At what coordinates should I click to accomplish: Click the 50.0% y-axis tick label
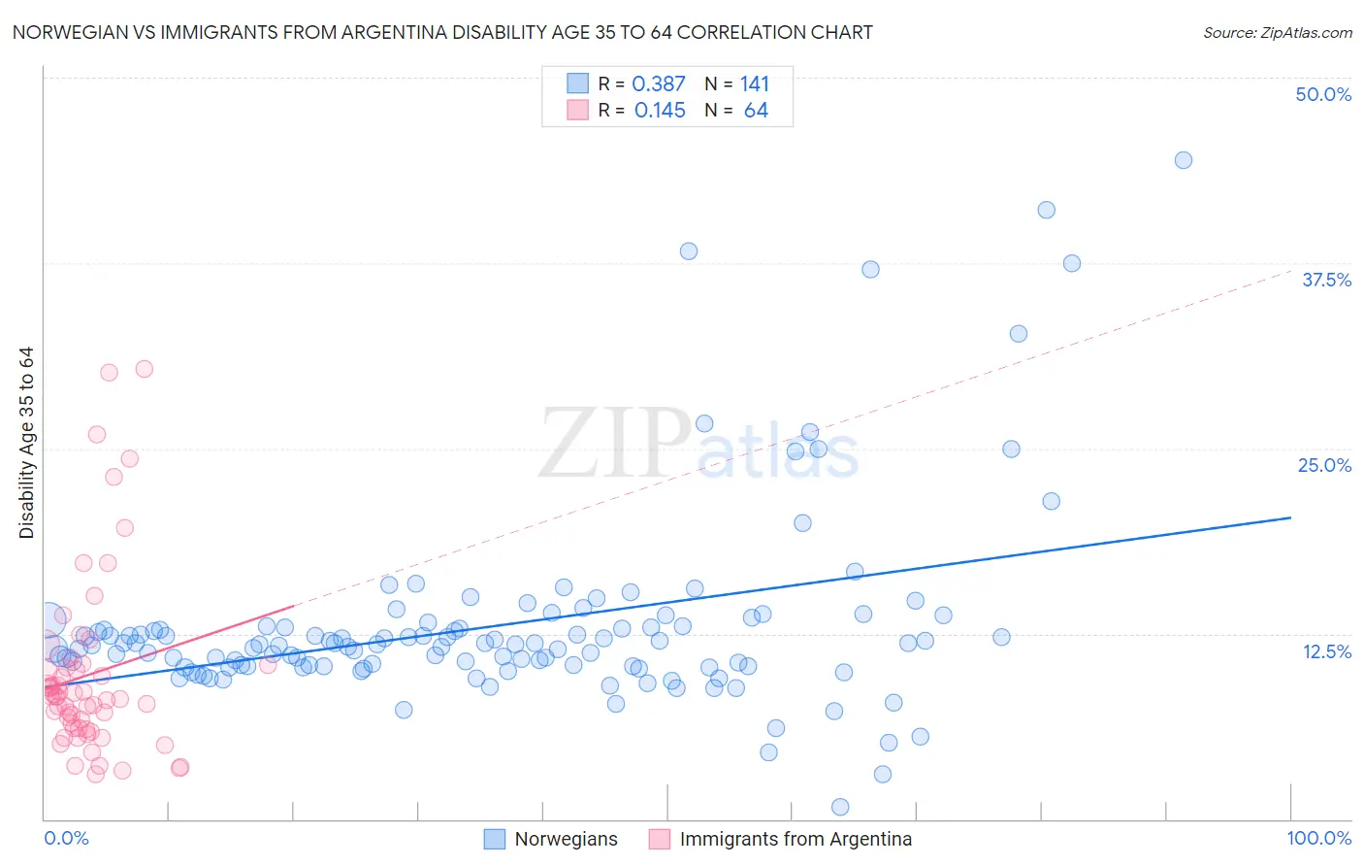pos(1323,94)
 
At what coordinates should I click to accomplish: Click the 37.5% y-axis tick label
pos(1326,280)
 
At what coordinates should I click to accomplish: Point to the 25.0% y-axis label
pos(1324,465)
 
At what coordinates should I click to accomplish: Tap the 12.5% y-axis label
pos(1326,651)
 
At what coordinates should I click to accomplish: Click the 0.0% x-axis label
pos(66,838)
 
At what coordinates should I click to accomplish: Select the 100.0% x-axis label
pos(1318,838)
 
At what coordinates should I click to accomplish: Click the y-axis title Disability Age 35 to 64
pos(26,443)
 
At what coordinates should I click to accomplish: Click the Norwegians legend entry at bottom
pos(566,839)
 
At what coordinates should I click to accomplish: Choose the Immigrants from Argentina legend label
pos(796,839)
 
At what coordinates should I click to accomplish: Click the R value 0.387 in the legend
pos(659,84)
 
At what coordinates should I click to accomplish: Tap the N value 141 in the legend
pos(755,84)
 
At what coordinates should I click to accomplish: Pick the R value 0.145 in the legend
pos(660,111)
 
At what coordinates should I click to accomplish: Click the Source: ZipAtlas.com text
pos(1277,33)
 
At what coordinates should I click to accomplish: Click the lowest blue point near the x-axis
pos(840,807)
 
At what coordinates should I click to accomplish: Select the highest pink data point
pos(144,369)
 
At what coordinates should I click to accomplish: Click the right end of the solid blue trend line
pos(1290,517)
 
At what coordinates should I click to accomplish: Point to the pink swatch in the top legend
pos(577,110)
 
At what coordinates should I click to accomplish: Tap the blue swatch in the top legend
pos(577,83)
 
